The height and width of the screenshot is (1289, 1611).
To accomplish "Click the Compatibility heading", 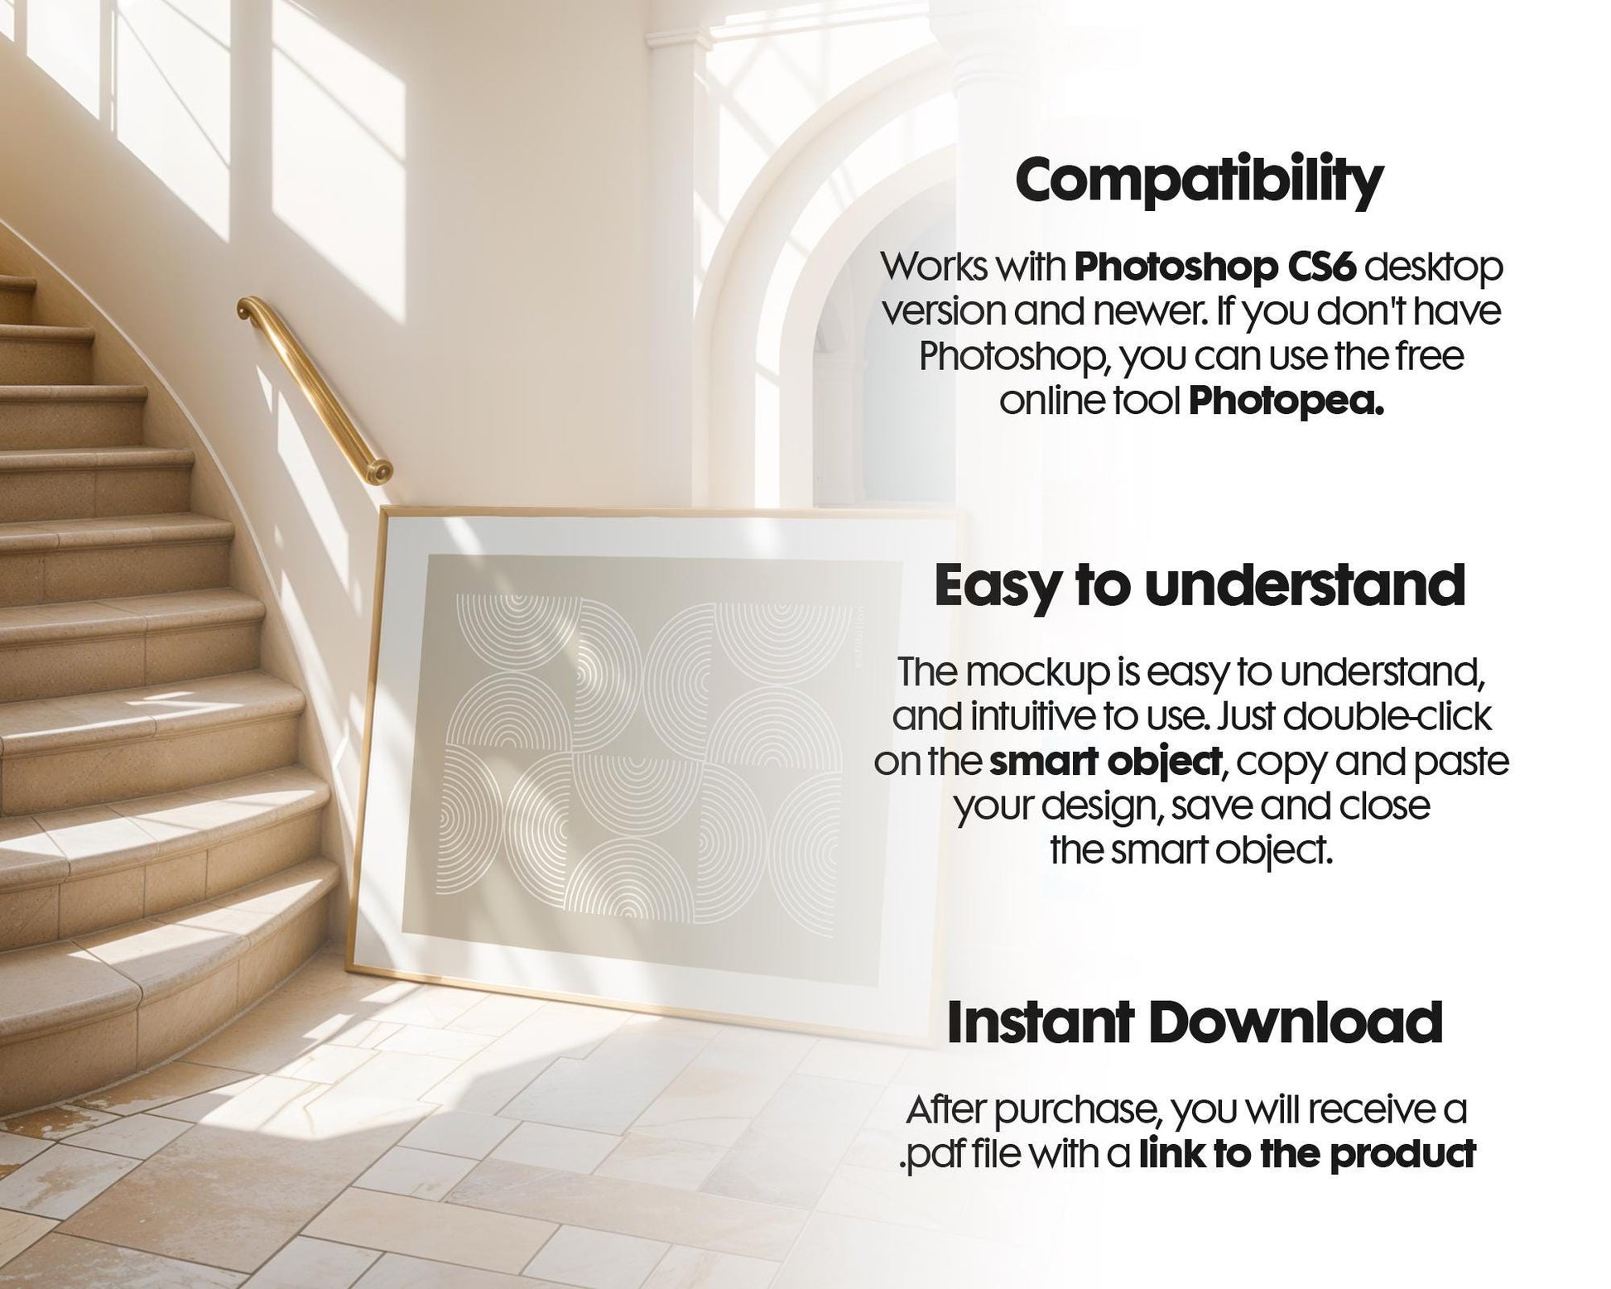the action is pos(1198,180).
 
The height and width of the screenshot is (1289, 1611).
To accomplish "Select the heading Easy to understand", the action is pos(1200,586).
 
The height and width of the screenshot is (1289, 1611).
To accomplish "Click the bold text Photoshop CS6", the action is pos(1213,267).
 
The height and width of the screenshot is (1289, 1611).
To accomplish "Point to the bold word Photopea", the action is pos(1286,402).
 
